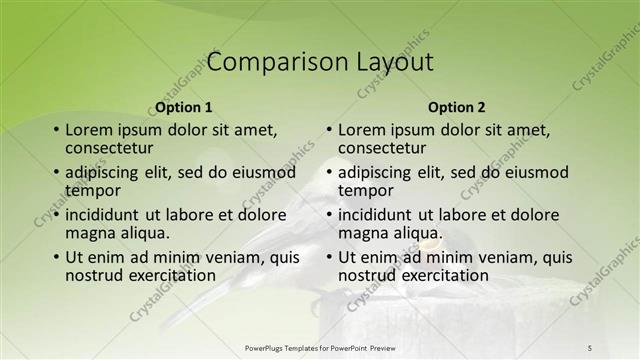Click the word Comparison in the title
pyautogui.click(x=267, y=62)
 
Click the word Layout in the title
pyautogui.click(x=395, y=62)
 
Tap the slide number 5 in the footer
pyautogui.click(x=590, y=347)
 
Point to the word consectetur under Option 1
pyautogui.click(x=110, y=148)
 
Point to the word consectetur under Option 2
pyautogui.click(x=383, y=148)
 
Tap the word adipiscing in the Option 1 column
pyautogui.click(x=104, y=172)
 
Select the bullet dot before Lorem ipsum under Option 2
pyautogui.click(x=329, y=131)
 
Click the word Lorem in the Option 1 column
pyautogui.click(x=89, y=130)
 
